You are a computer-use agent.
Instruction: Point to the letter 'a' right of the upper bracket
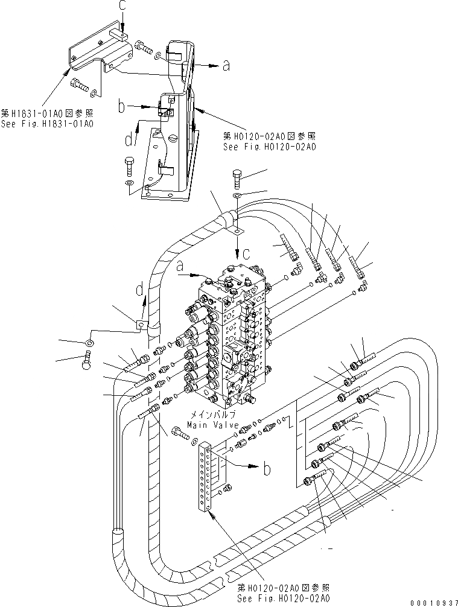[x=226, y=67]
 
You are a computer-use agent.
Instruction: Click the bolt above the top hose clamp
[x=237, y=179]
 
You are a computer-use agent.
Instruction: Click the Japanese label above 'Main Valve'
[x=213, y=415]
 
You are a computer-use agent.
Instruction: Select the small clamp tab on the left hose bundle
[x=140, y=326]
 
